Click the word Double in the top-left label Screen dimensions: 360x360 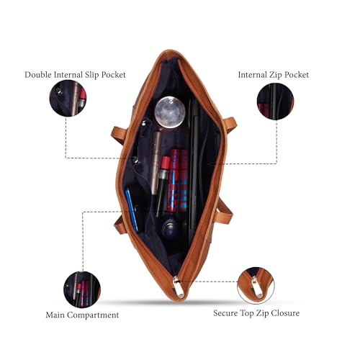pos(38,75)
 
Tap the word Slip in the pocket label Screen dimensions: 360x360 pos(92,75)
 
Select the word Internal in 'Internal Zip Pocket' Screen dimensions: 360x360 pos(252,75)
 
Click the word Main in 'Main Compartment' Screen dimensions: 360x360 pos(55,315)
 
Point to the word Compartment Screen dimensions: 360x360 pos(93,315)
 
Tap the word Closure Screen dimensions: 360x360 pos(285,313)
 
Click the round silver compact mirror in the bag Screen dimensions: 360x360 pos(170,112)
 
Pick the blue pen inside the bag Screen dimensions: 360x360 pos(132,210)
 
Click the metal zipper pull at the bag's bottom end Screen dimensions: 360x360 pos(178,287)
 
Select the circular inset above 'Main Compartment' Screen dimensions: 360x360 pos(82,289)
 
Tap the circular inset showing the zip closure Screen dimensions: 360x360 pos(256,286)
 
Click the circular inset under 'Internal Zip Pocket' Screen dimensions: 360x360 pos(275,102)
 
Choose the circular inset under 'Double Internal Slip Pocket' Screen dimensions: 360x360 pos(68,99)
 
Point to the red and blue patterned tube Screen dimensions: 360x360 pos(178,181)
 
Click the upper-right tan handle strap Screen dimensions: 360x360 pos(230,124)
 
